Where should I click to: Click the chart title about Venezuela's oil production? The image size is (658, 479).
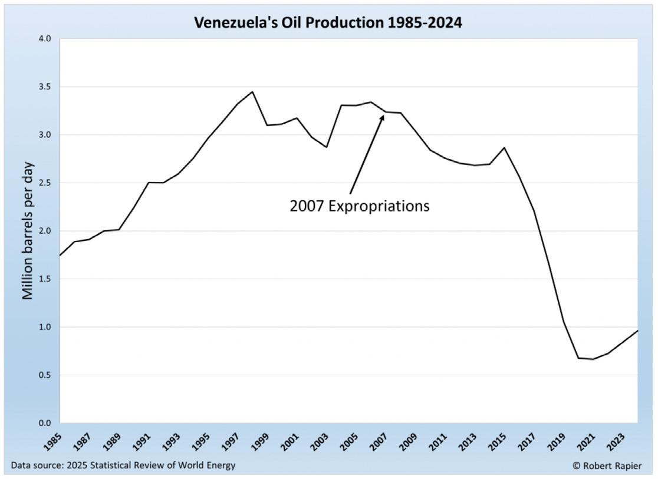point(328,23)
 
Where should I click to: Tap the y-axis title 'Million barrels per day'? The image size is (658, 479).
point(28,230)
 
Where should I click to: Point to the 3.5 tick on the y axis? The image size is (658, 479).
point(45,87)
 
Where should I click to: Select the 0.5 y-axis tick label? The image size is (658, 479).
point(45,375)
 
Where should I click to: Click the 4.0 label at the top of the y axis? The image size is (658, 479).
point(45,39)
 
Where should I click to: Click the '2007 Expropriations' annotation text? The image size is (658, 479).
point(359,206)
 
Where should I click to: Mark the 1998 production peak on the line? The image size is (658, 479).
point(252,91)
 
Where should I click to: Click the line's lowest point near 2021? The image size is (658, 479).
point(593,359)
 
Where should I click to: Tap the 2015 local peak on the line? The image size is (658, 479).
point(504,147)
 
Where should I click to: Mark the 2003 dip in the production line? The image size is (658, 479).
point(326,147)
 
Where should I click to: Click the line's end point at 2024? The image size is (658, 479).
point(637,331)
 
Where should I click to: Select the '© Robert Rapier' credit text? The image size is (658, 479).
point(607,465)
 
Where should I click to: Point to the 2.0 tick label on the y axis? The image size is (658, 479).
point(45,231)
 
